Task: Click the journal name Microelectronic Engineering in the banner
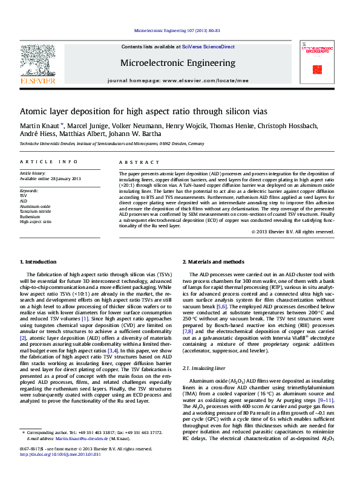coord(178,63)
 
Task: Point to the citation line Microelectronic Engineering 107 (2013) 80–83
coord(177,29)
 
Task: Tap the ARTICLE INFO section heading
coord(48,162)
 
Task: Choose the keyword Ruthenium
coord(30,216)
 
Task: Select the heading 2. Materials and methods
coord(215,262)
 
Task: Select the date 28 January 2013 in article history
coord(59,179)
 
